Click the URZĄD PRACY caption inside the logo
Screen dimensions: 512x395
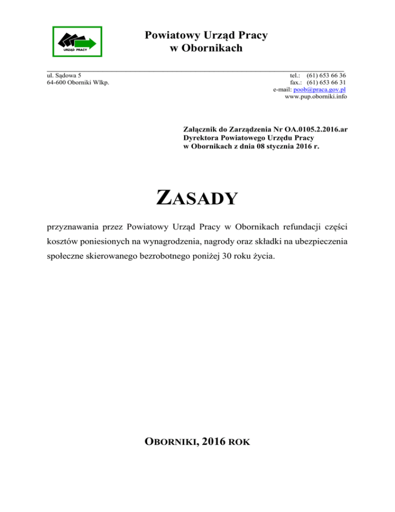pos(74,50)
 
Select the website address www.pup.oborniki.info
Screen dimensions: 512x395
pos(315,97)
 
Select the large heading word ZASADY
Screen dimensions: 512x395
pos(197,198)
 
